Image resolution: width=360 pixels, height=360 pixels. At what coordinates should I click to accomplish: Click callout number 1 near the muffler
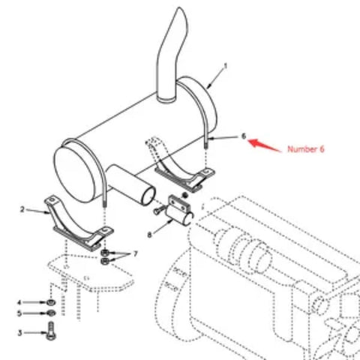[226, 66]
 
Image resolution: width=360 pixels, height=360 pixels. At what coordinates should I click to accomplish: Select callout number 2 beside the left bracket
[22, 209]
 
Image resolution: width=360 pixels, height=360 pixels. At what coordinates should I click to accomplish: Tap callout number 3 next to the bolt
[21, 331]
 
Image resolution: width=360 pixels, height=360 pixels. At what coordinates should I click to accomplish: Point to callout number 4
[21, 303]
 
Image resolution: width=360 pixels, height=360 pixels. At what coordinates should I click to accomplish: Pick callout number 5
[21, 313]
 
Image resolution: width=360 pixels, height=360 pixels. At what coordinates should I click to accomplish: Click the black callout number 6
[244, 136]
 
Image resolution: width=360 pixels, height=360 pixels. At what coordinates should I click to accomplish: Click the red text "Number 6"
[305, 149]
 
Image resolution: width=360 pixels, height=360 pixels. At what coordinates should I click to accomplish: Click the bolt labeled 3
[51, 331]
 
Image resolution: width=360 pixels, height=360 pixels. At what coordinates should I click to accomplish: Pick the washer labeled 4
[50, 303]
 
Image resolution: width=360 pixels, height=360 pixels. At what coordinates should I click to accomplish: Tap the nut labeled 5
[50, 313]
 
